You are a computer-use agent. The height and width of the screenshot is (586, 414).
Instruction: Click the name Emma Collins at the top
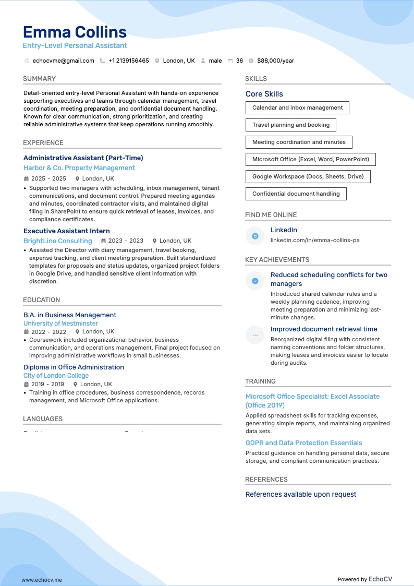75,32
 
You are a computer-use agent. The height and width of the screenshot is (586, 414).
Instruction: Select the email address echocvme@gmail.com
63,61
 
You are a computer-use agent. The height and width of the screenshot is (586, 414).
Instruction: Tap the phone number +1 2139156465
128,61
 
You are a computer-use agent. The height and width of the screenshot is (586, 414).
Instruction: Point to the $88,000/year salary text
275,61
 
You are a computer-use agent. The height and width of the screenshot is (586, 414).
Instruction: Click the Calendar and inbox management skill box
297,107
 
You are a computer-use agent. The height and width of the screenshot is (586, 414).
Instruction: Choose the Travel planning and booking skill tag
290,125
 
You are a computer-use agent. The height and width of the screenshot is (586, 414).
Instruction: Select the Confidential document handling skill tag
296,194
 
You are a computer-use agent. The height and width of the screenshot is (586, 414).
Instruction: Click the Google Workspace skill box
308,176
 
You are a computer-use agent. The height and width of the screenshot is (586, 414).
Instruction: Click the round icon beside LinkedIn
255,236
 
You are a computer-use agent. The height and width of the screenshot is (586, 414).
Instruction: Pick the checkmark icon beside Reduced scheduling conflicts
255,281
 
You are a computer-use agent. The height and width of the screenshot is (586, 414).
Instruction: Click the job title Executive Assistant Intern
67,231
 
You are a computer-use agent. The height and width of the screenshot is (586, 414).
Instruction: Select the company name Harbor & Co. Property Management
79,168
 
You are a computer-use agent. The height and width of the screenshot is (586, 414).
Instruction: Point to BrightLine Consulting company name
58,241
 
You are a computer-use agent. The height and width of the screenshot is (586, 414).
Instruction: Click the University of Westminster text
60,324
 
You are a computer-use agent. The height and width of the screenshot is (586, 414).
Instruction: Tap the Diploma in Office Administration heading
74,367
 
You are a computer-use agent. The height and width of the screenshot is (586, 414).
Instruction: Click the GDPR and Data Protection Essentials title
303,443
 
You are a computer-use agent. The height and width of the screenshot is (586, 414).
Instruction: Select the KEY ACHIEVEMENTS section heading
277,259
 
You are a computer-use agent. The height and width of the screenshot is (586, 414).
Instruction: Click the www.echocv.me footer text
42,580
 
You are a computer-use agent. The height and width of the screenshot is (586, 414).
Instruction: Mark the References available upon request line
301,494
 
